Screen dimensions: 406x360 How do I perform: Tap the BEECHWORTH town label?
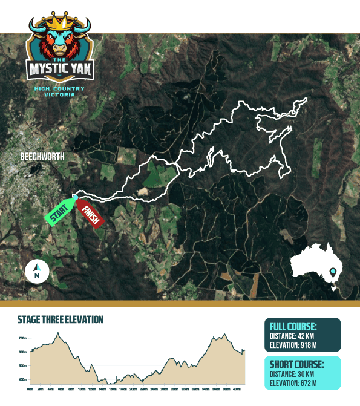(x=42, y=157)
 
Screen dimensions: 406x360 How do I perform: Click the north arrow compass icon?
(x=38, y=271)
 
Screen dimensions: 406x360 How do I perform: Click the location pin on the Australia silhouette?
(x=333, y=273)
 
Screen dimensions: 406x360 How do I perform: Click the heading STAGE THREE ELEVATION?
(x=60, y=319)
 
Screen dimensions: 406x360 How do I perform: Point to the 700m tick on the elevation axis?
(x=24, y=338)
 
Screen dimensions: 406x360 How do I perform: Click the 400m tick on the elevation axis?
(x=24, y=380)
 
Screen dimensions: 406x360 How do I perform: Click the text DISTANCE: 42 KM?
(x=298, y=337)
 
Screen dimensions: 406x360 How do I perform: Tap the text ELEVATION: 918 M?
(x=299, y=346)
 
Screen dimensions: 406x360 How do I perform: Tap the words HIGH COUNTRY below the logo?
(x=59, y=89)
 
